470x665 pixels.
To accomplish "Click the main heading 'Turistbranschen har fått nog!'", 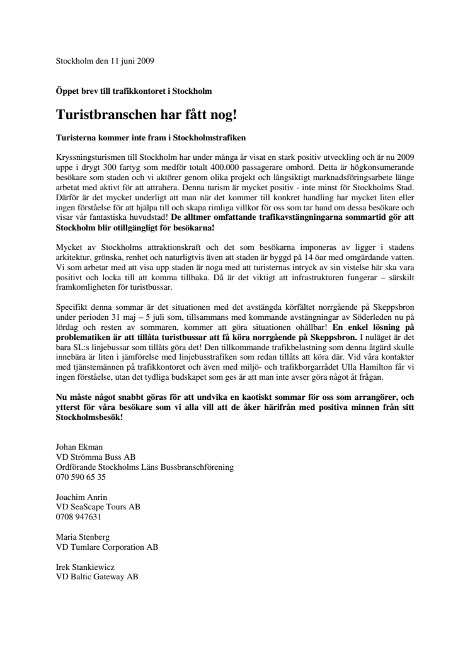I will (154, 115).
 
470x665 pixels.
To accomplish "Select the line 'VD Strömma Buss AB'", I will (96, 457).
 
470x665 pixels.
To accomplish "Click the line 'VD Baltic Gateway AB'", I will (97, 577).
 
